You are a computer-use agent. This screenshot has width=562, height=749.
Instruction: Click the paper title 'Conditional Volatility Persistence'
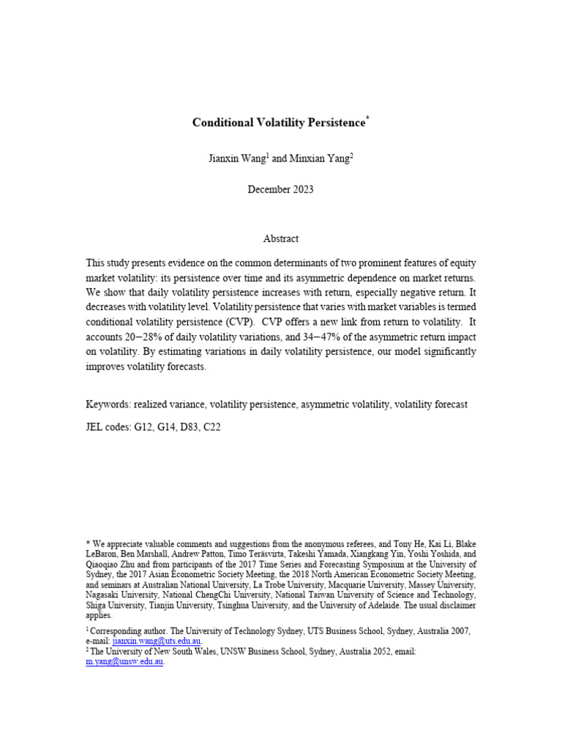278,123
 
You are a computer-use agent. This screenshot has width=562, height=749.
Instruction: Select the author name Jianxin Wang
236,157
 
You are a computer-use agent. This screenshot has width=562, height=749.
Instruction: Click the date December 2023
280,189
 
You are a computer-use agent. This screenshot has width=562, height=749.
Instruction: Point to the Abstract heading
280,238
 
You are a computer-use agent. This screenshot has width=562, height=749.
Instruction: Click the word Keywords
108,404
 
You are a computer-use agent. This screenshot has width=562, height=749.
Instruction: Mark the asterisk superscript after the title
368,118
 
